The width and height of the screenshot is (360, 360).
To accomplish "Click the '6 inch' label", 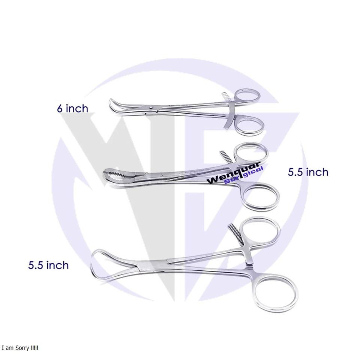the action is [73, 108].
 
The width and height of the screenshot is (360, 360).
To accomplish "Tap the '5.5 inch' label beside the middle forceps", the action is [308, 172].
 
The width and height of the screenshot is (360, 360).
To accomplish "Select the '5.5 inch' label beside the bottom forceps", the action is [48, 265].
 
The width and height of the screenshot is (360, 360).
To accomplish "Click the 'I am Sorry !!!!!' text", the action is [20, 348].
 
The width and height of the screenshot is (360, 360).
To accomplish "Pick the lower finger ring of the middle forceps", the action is [261, 195].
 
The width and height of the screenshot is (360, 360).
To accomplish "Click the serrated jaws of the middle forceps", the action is [119, 175].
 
